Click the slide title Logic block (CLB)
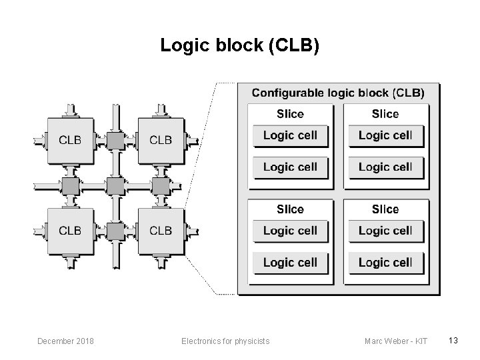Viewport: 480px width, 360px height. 240,45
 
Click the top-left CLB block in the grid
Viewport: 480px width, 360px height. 70,140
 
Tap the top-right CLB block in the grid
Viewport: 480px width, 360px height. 161,140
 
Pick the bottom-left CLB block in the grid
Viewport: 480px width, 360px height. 70,231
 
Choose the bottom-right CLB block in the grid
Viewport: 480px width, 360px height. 161,231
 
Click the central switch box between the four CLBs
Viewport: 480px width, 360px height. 115,185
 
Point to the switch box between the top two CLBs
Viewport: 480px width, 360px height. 115,140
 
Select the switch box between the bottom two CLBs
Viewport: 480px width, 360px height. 115,231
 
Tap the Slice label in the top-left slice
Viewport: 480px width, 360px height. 290,114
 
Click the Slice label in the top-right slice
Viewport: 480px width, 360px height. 385,114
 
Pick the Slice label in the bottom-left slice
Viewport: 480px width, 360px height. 290,209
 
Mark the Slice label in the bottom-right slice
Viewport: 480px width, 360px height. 385,209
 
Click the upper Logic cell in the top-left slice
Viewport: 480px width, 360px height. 290,136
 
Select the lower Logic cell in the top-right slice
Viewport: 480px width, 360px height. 385,167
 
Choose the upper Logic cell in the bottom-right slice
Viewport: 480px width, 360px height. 385,231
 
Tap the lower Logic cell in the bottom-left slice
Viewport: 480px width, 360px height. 290,263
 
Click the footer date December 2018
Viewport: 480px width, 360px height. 66,341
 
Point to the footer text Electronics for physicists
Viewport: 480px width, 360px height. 225,341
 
